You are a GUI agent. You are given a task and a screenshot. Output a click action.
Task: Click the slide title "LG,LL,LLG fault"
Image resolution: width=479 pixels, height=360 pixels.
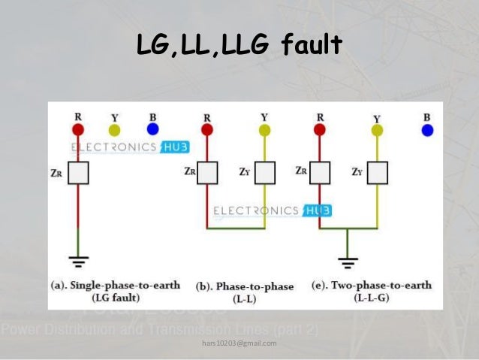pos(239,46)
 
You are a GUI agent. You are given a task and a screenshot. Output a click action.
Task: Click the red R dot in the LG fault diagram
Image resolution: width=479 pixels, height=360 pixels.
pos(78,129)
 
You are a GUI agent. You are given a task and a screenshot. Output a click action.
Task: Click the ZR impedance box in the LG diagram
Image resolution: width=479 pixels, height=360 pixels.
pos(78,173)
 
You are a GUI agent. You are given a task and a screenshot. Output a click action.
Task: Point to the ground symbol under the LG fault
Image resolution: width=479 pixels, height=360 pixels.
pos(78,261)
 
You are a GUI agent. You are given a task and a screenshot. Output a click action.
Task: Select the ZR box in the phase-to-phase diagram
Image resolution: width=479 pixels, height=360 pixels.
pos(206,173)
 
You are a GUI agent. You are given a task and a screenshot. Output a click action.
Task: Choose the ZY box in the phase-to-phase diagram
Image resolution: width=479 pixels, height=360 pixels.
pos(264,173)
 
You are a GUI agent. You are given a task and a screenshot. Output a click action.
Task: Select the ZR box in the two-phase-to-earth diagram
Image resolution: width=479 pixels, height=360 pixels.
pos(321,173)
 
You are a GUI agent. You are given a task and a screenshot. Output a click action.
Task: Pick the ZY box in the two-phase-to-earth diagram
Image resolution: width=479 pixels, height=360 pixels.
pos(377,173)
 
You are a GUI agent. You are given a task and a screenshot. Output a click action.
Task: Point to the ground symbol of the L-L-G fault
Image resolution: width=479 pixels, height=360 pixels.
pos(347,262)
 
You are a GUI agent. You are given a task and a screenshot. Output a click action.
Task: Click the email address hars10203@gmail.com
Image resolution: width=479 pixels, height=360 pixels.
pos(239,343)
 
